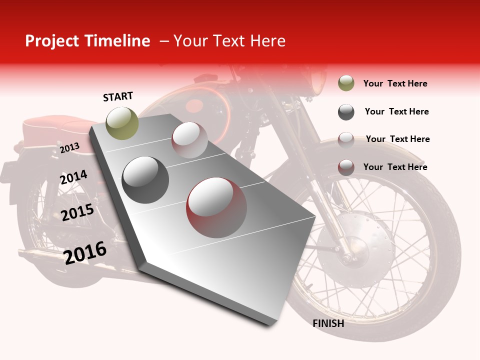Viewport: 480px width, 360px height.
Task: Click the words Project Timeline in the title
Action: (x=87, y=41)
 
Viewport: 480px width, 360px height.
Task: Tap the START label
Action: (x=118, y=96)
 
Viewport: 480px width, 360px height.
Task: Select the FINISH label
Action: (x=328, y=323)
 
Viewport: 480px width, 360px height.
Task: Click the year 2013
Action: (x=69, y=147)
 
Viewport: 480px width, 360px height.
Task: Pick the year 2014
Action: (x=73, y=177)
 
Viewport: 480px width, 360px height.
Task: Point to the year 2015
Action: (x=77, y=212)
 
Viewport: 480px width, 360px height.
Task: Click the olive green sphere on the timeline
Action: (x=122, y=123)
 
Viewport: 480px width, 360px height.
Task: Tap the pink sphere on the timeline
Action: (x=189, y=140)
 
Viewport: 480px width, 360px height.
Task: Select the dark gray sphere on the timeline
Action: (x=145, y=179)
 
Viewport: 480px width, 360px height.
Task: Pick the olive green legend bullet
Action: (x=346, y=83)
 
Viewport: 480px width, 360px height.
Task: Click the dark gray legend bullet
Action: (x=346, y=112)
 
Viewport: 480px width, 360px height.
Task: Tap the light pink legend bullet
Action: (x=346, y=139)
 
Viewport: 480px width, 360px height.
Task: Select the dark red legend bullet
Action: (x=346, y=167)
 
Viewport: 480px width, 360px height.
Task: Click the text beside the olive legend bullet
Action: (x=395, y=83)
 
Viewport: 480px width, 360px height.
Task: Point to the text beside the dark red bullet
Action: (x=395, y=167)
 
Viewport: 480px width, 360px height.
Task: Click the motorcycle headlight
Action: (x=316, y=82)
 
